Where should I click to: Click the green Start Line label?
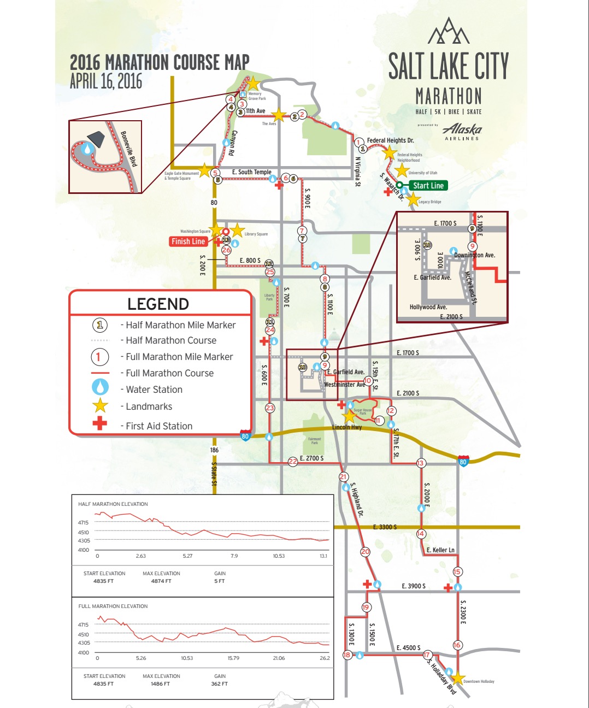click(428, 186)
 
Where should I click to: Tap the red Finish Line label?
click(188, 241)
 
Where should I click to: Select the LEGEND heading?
click(158, 304)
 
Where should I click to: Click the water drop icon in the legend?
click(99, 387)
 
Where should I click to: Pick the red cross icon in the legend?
click(99, 423)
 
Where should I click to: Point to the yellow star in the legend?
click(100, 405)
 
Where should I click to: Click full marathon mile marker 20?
click(365, 552)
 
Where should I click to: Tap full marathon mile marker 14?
click(421, 534)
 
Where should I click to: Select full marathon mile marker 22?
click(293, 462)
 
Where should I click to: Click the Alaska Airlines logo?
click(462, 132)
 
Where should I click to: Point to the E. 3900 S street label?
click(413, 586)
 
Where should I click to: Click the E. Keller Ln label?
click(440, 550)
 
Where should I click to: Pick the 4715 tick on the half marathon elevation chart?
click(83, 523)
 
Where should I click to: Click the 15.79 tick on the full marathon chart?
click(233, 658)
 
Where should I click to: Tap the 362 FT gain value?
click(219, 684)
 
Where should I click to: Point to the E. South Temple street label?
click(251, 172)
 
